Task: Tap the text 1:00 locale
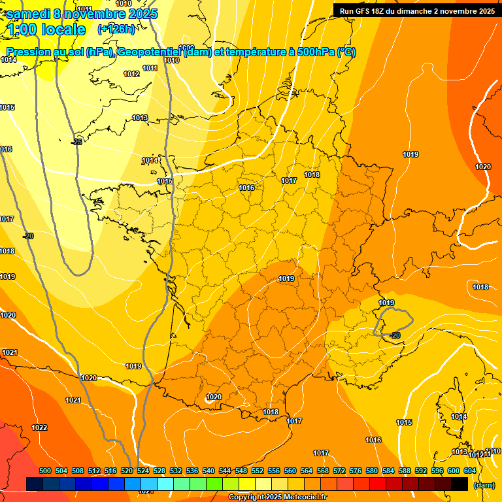(46, 29)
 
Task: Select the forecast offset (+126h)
(116, 29)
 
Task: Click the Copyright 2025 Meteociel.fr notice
(278, 497)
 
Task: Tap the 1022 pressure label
(39, 427)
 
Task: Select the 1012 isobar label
(131, 74)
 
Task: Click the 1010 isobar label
(171, 60)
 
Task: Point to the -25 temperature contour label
(77, 141)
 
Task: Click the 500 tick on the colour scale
(45, 471)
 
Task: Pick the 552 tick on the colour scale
(258, 471)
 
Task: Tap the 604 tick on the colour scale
(470, 471)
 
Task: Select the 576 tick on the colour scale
(356, 471)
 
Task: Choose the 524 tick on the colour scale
(143, 471)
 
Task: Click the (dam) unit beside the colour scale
(484, 485)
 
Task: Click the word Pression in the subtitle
(28, 52)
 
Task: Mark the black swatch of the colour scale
(460, 484)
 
